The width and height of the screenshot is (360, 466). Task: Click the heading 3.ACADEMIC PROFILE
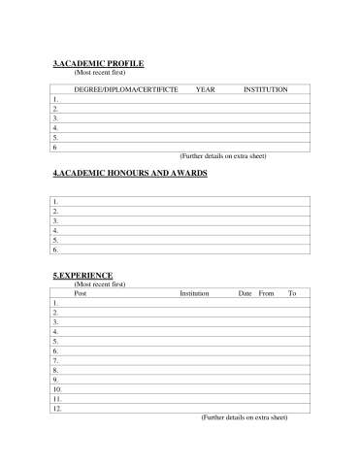click(x=98, y=63)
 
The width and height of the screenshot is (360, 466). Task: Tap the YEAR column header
click(x=205, y=89)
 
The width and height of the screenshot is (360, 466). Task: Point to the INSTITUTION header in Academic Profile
click(x=265, y=89)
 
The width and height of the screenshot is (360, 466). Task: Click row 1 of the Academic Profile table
click(x=180, y=99)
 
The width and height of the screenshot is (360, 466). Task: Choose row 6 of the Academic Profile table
click(x=180, y=147)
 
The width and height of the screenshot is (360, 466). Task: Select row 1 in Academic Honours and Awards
click(x=180, y=201)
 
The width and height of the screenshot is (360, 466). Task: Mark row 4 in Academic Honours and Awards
click(x=180, y=230)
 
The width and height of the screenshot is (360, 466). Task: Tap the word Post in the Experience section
click(x=81, y=292)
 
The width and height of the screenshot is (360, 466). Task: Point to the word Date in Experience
click(x=245, y=292)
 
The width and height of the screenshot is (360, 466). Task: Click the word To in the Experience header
click(x=292, y=292)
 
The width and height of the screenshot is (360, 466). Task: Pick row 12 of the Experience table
click(x=180, y=408)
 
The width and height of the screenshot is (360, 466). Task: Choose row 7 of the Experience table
click(x=180, y=360)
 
